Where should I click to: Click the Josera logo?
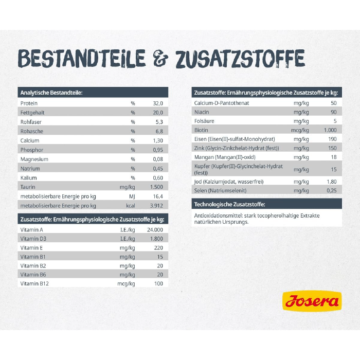point(311,301)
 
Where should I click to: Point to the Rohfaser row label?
point(31,122)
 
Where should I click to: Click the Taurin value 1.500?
point(156,187)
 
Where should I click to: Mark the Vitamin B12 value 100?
point(158,283)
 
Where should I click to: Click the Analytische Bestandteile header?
point(51,93)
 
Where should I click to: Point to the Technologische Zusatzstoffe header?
point(229,205)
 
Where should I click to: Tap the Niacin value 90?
point(333,112)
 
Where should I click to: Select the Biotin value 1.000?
point(330,130)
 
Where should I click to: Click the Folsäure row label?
point(204,121)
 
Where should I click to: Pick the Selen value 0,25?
point(332,191)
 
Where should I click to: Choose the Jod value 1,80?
point(332,182)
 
